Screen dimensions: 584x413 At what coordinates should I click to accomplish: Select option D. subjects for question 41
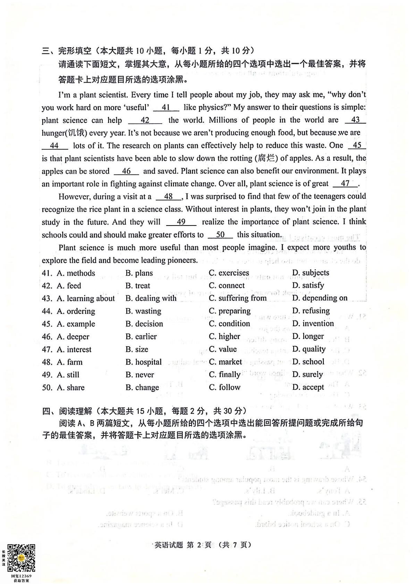click(x=311, y=273)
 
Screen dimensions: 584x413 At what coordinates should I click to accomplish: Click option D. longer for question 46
click(x=308, y=336)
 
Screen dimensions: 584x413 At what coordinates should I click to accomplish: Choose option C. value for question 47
click(x=223, y=349)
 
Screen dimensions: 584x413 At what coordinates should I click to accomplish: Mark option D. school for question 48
click(x=308, y=362)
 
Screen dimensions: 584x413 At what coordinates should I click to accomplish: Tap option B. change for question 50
click(x=142, y=387)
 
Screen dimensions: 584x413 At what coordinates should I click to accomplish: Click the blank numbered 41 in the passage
click(x=166, y=108)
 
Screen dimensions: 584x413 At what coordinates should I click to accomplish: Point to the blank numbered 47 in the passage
click(x=345, y=184)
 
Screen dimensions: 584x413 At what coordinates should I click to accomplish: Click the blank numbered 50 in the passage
click(x=220, y=235)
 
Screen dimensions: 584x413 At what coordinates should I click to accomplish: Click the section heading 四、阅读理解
click(x=67, y=411)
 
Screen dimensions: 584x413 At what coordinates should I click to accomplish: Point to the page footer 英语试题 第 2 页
click(x=183, y=545)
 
